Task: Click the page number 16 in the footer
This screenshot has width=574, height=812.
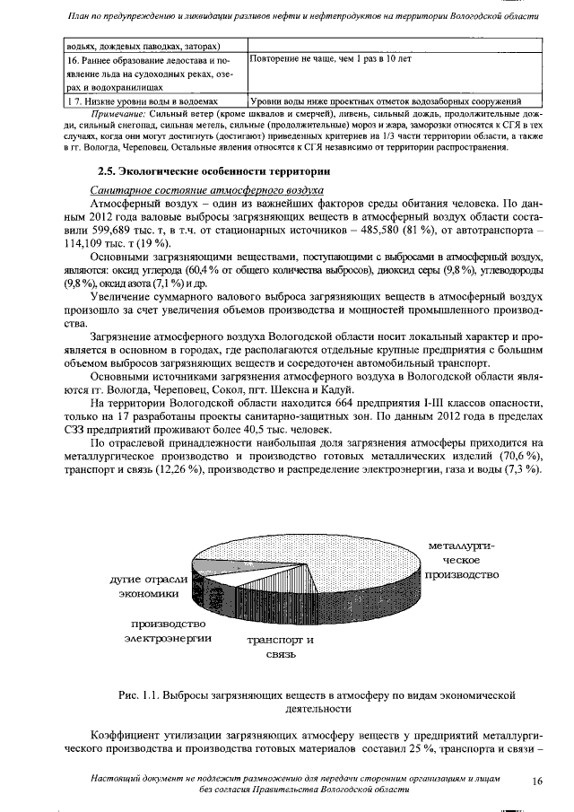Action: point(537,781)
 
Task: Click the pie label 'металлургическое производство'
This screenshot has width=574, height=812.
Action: point(462,559)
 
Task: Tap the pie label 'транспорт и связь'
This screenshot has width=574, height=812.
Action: point(280,647)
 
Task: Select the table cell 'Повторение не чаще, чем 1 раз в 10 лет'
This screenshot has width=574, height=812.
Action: point(331,58)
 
